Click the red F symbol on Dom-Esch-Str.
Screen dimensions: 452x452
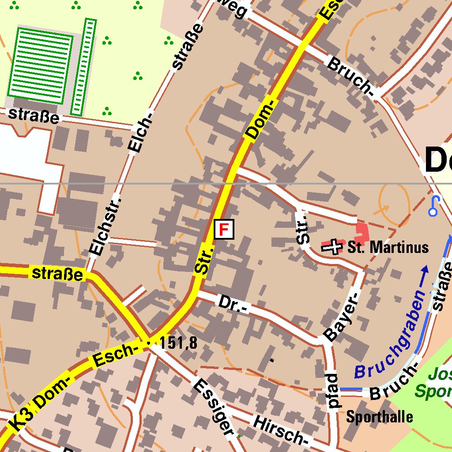click(x=224, y=230)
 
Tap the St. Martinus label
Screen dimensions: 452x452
click(x=388, y=247)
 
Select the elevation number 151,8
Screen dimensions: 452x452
click(x=178, y=343)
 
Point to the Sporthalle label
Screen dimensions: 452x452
click(x=380, y=416)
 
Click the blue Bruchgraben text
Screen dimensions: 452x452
click(x=388, y=335)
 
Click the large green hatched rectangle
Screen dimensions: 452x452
click(x=40, y=65)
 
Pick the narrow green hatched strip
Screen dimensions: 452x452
click(x=83, y=67)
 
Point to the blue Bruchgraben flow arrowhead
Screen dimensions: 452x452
click(x=425, y=269)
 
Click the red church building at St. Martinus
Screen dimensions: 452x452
click(x=362, y=231)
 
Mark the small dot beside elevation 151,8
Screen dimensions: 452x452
click(x=148, y=343)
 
